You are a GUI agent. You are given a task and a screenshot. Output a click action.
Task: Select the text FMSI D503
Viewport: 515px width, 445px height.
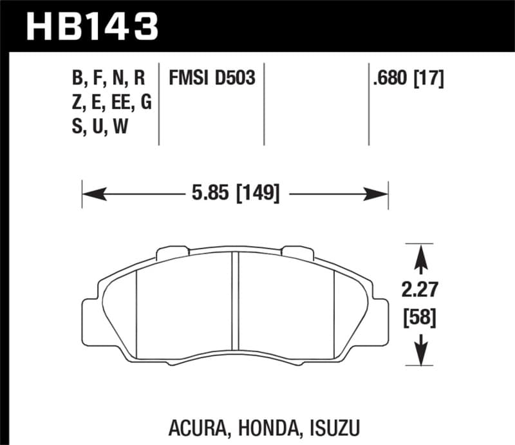pos(212,79)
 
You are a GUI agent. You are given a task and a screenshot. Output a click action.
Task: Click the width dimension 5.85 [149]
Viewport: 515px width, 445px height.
pos(236,192)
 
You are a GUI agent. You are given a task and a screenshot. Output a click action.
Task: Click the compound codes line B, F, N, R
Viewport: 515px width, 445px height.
pos(109,79)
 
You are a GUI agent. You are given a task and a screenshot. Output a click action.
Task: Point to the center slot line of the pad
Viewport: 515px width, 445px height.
pos(235,303)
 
